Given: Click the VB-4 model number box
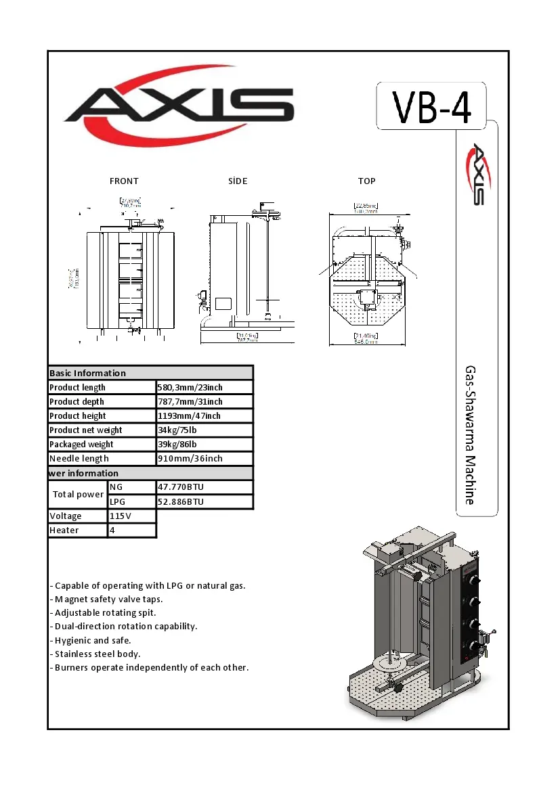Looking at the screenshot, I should click(x=431, y=106).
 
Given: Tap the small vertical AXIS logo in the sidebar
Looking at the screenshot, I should click(x=477, y=173).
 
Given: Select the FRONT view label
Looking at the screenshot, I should click(x=124, y=181).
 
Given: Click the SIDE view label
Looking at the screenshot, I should click(x=238, y=181).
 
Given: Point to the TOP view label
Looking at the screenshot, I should click(x=366, y=181).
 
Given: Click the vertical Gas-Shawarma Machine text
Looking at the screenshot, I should click(x=469, y=435).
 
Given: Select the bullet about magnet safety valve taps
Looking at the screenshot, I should click(x=106, y=600).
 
